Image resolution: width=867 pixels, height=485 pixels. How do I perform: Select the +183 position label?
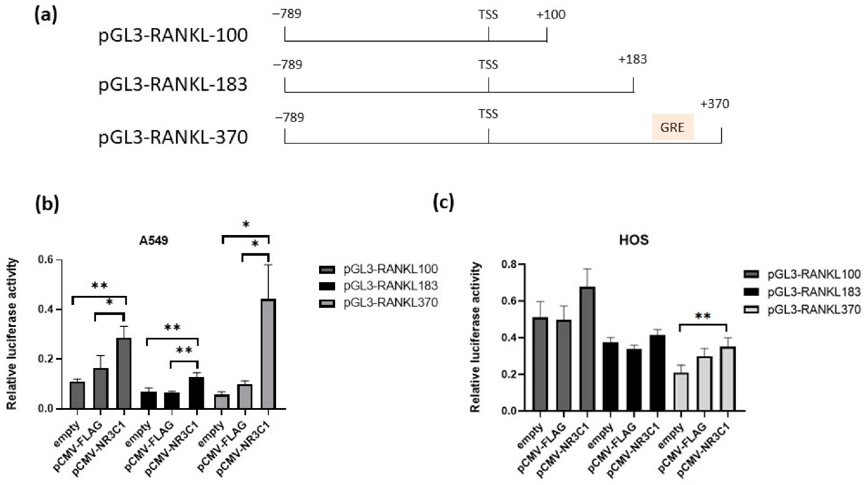[x=633, y=60]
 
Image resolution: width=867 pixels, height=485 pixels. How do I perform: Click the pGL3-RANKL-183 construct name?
[x=173, y=84]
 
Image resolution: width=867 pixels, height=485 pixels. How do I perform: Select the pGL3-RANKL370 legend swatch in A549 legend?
[x=329, y=304]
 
